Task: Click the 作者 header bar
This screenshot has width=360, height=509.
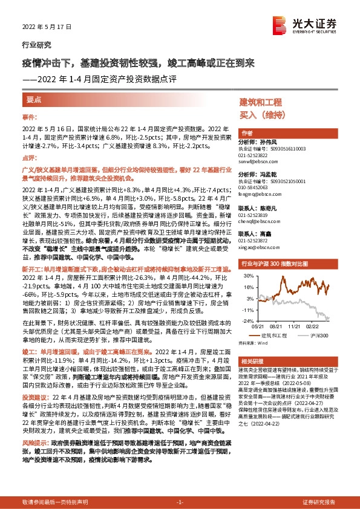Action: tap(246, 132)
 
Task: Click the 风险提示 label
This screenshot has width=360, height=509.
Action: tap(36, 443)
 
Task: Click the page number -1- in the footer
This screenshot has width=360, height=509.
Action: tap(179, 502)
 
